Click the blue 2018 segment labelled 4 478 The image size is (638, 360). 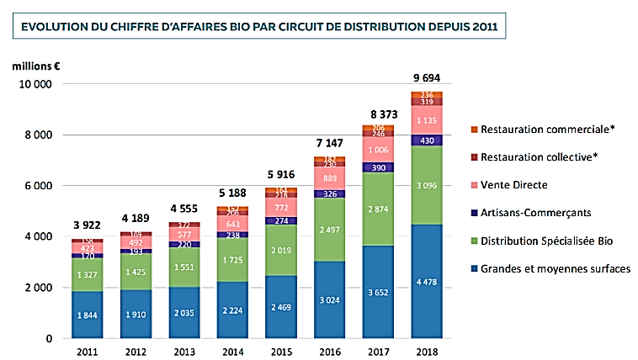tap(425, 281)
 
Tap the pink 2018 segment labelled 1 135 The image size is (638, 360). tap(425, 119)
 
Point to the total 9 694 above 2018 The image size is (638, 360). tap(425, 78)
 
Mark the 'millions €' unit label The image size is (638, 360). tap(35, 65)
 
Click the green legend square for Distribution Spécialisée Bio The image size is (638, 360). tap(475, 241)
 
